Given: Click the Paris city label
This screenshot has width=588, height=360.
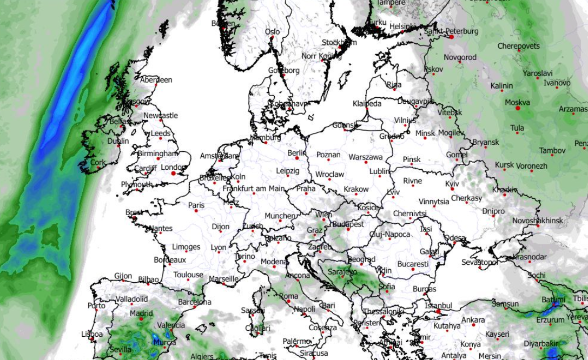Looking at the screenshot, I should (x=196, y=205).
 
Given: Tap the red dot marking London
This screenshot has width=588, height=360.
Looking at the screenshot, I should (x=174, y=174).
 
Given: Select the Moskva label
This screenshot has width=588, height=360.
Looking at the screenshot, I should (x=517, y=102).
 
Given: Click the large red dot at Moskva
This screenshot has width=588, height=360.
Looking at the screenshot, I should (x=518, y=109).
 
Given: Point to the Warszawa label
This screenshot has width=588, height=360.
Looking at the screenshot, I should (x=366, y=157).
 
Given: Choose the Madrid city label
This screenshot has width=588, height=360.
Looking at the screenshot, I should (x=141, y=312).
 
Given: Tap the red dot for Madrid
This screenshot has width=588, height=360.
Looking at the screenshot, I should (x=141, y=318).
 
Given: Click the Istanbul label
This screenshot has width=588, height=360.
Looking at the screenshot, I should (x=438, y=305).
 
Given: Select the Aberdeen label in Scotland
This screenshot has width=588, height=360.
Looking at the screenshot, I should (x=156, y=79).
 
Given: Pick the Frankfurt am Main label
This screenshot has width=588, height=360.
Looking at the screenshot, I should (x=253, y=189).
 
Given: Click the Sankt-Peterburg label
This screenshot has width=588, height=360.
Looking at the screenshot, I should (x=451, y=31).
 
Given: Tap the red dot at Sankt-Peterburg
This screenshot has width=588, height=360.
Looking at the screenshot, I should (x=451, y=37).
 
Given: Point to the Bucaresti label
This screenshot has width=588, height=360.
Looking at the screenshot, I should (x=412, y=264).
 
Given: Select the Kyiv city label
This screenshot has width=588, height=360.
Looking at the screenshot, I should (x=452, y=184).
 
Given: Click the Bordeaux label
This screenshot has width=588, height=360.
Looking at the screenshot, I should (x=169, y=259).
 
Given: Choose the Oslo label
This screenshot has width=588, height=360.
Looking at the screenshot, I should (x=273, y=32).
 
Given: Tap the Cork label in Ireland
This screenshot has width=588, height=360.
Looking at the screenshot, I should (x=98, y=162).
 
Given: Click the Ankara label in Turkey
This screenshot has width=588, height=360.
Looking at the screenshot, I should (x=473, y=319).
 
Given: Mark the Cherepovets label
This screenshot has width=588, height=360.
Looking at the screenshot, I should (x=518, y=46).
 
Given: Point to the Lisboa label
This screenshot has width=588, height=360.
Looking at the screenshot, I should (x=91, y=334).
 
